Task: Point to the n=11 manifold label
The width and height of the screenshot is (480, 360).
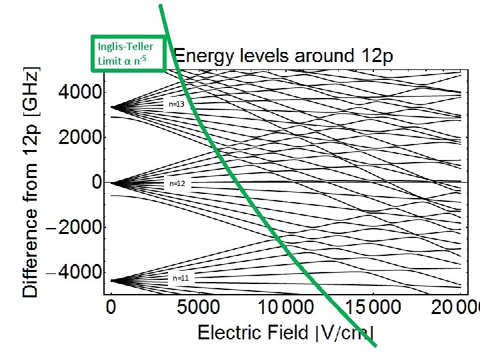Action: click(180, 277)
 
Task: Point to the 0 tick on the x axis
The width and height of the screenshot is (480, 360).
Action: click(111, 308)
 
